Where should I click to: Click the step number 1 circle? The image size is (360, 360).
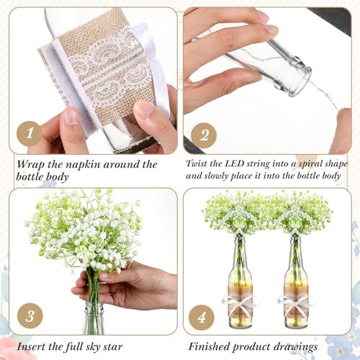(29, 134)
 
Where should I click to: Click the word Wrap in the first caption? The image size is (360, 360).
(32, 163)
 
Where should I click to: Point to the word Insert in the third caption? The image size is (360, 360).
(32, 346)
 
